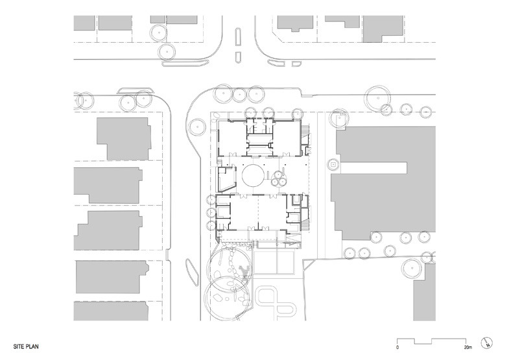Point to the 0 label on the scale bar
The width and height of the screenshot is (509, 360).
click(397, 348)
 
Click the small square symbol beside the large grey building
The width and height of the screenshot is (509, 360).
click(333, 165)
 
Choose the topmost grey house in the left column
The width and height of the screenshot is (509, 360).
click(123, 139)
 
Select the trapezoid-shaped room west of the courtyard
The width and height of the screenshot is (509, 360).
click(227, 179)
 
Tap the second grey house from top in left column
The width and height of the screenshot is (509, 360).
click(108, 186)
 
